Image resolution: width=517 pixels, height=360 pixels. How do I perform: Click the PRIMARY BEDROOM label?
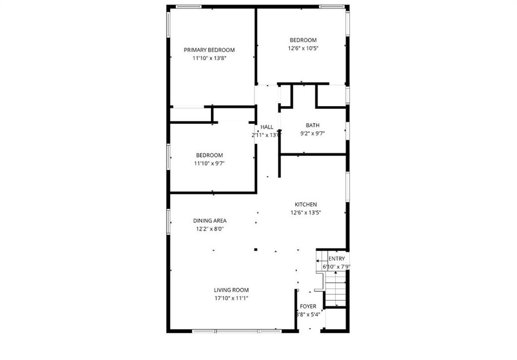click(209, 50)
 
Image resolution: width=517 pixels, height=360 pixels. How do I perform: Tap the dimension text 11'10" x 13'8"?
click(209, 59)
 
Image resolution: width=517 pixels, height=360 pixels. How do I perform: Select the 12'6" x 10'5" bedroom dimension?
click(303, 48)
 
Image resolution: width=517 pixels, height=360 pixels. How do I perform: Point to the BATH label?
click(313, 125)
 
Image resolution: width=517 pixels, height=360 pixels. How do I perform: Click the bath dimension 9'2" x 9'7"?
click(313, 134)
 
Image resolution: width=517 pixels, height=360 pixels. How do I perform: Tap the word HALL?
click(267, 127)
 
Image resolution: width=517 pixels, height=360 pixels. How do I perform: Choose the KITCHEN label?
click(306, 204)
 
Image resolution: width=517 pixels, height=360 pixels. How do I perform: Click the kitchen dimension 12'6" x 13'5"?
click(306, 213)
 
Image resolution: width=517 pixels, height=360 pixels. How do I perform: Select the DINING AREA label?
click(210, 221)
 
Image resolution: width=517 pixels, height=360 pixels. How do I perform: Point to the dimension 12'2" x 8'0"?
click(210, 229)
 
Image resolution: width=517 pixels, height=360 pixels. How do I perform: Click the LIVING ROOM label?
click(231, 290)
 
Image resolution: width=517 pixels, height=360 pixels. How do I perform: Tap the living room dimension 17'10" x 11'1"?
click(231, 298)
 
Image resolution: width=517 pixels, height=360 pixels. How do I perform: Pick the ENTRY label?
click(337, 259)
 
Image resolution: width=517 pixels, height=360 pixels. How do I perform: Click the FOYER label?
click(308, 306)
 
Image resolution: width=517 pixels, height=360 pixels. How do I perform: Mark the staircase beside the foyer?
click(335, 289)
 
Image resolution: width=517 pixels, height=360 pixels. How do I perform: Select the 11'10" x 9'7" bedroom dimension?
click(210, 164)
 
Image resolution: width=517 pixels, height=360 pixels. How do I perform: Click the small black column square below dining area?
click(256, 249)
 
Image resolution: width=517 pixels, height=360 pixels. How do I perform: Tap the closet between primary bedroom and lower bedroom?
click(190, 115)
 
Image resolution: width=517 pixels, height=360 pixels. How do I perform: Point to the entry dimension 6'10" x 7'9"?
click(337, 267)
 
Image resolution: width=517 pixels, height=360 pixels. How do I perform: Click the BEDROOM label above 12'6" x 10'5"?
click(303, 40)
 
